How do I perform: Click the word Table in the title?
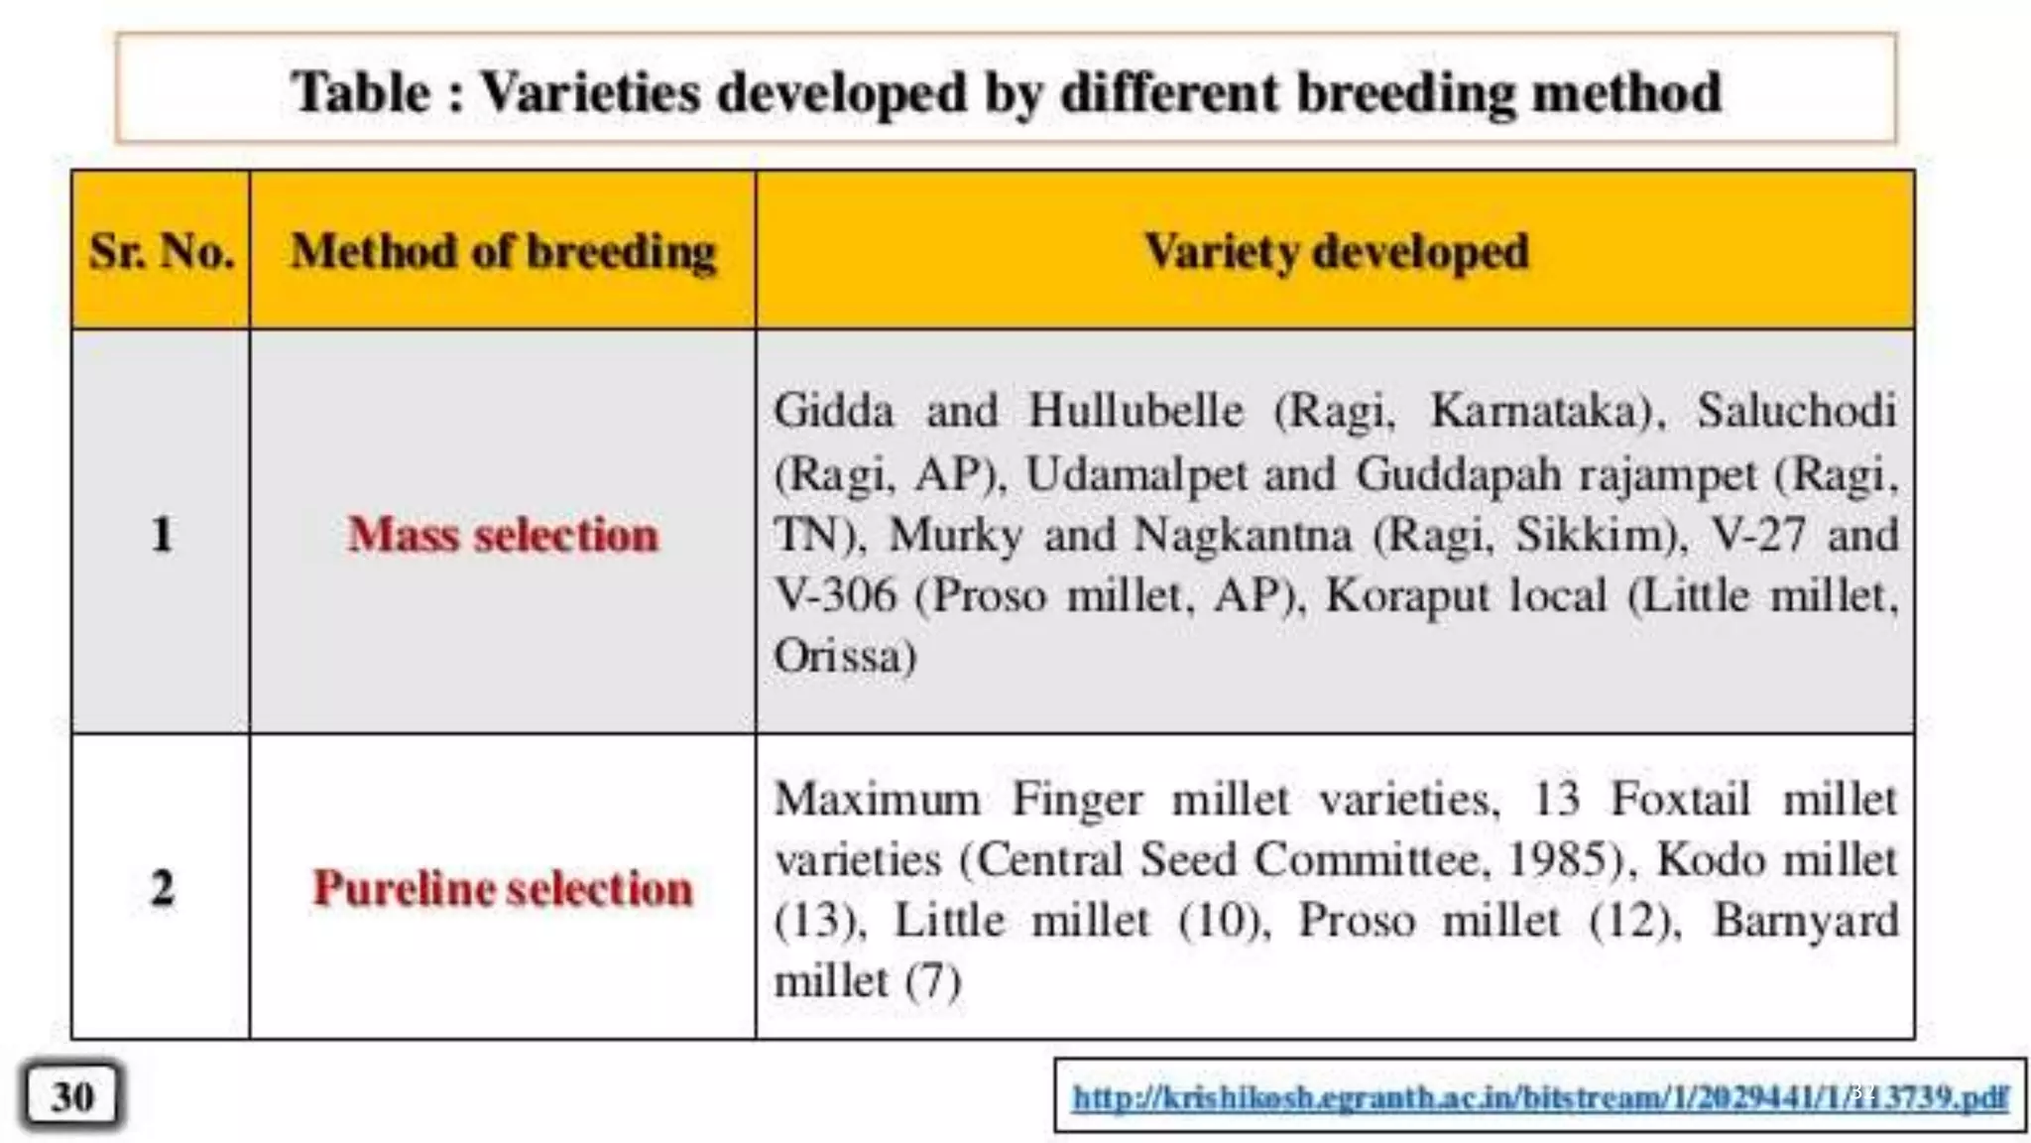click(361, 94)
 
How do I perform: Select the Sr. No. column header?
click(162, 251)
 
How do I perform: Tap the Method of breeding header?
click(503, 251)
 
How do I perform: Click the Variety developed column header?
click(1335, 251)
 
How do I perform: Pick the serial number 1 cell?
click(162, 534)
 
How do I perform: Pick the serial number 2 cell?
click(162, 887)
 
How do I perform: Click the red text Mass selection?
click(503, 535)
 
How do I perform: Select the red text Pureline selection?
click(503, 888)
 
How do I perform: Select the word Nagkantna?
click(1242, 536)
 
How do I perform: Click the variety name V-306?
click(835, 596)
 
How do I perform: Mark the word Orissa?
click(843, 657)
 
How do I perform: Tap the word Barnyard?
click(1805, 921)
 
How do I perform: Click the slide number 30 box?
click(73, 1096)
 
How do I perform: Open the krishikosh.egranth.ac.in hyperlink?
click(1539, 1096)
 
